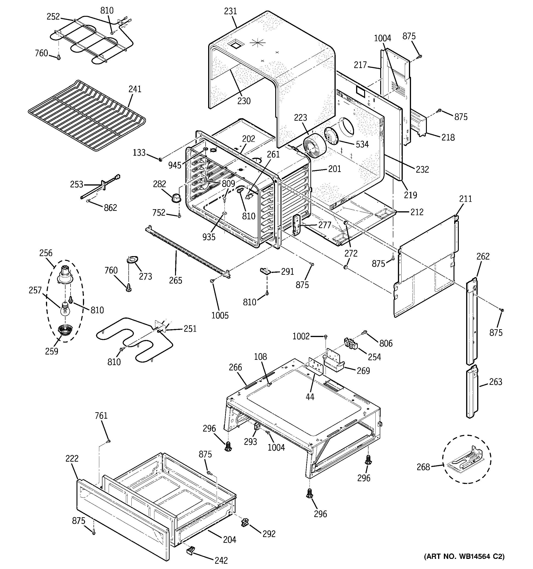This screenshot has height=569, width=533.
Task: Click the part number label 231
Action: point(230,11)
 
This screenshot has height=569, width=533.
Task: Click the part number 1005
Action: point(220,315)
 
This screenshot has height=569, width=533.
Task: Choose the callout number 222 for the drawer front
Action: point(72,458)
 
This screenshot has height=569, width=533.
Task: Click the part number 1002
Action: point(301,336)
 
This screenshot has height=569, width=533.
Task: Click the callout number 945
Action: point(175,165)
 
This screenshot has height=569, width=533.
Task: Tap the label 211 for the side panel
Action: point(465,199)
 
